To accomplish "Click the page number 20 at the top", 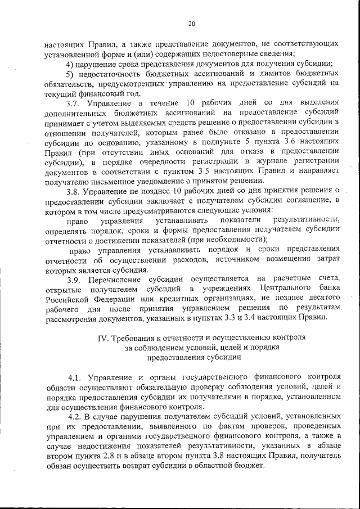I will (191, 24).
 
